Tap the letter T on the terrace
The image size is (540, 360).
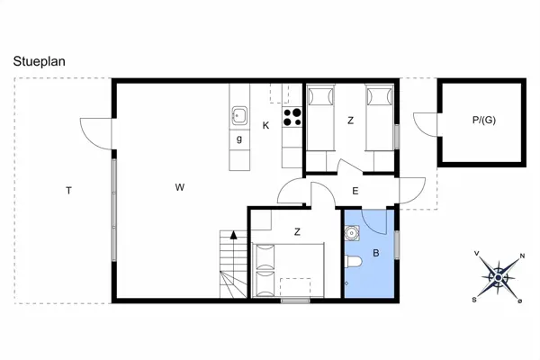coord(68,190)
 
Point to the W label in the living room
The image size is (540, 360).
coord(180,187)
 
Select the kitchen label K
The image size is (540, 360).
coord(265,125)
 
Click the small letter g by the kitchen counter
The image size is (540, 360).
coord(239,139)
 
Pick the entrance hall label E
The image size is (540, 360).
coord(355,190)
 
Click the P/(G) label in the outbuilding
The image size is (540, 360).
coord(483,121)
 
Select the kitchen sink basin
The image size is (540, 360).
coord(240,114)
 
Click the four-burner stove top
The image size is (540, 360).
coord(292,116)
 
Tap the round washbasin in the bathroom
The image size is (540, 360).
coord(352,232)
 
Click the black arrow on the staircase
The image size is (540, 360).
coord(234,234)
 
